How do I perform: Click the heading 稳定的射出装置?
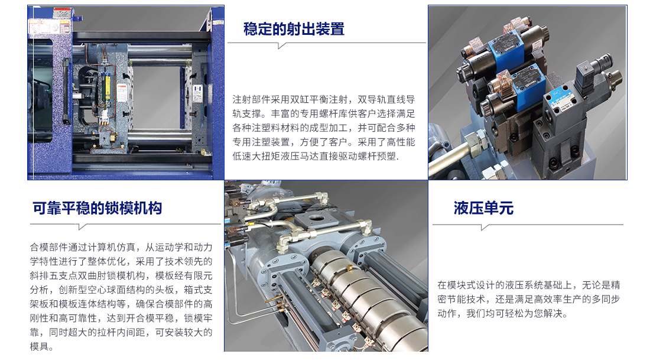294,29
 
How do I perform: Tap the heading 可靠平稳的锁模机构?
97,208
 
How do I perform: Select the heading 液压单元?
483,208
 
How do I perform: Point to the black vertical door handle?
66,91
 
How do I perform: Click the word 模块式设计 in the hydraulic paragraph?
471,285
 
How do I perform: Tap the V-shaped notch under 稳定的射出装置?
282,45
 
